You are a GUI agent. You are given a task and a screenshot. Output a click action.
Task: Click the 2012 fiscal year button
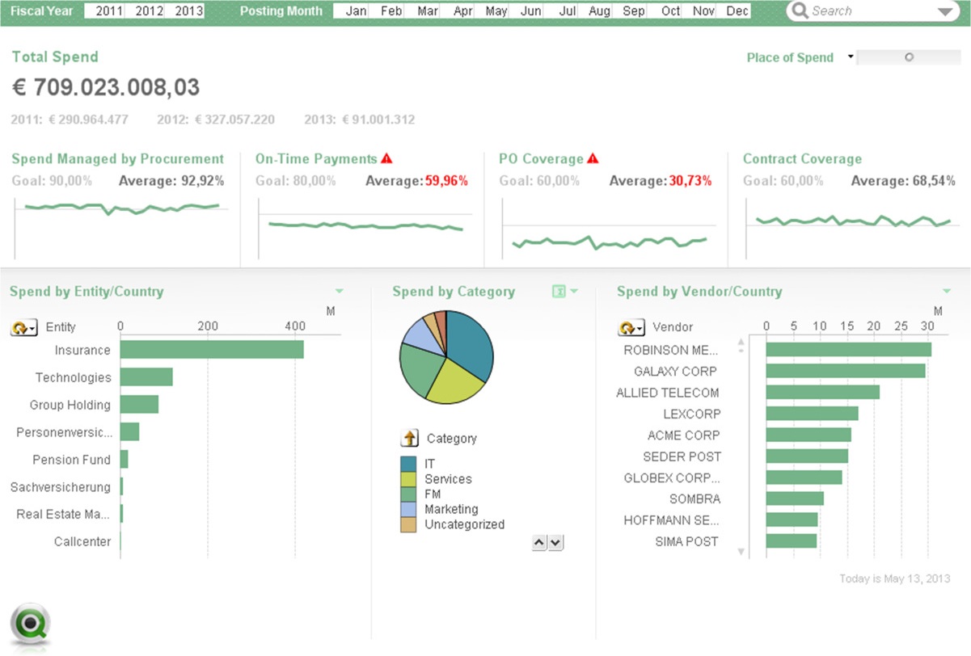tap(149, 11)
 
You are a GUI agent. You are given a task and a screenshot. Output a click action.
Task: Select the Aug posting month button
tap(599, 11)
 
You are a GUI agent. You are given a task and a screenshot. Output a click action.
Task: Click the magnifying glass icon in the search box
tap(800, 11)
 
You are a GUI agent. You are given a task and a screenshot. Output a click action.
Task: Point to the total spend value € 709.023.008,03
tap(106, 87)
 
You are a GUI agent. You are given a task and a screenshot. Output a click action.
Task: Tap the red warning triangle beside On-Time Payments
tap(386, 158)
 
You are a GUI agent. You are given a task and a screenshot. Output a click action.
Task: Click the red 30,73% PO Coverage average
tap(690, 181)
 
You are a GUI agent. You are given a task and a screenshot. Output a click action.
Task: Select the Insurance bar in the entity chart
tap(212, 350)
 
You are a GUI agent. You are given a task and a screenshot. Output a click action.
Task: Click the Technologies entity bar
tap(146, 377)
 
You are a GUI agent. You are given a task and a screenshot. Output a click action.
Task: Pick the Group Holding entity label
tap(70, 405)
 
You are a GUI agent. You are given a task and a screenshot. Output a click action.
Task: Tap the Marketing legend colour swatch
tap(408, 509)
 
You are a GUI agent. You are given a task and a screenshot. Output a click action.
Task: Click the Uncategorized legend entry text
tap(464, 524)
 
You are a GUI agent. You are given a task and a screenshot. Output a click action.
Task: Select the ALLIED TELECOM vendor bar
tap(823, 392)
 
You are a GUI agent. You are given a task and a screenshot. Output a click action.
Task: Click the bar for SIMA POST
tap(791, 540)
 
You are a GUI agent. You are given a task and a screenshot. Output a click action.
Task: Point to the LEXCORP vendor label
tap(691, 414)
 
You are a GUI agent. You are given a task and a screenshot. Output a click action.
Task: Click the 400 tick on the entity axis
tap(295, 326)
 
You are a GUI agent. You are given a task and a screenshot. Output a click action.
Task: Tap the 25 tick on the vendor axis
tap(901, 326)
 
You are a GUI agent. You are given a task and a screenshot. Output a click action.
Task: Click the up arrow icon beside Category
tap(409, 438)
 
